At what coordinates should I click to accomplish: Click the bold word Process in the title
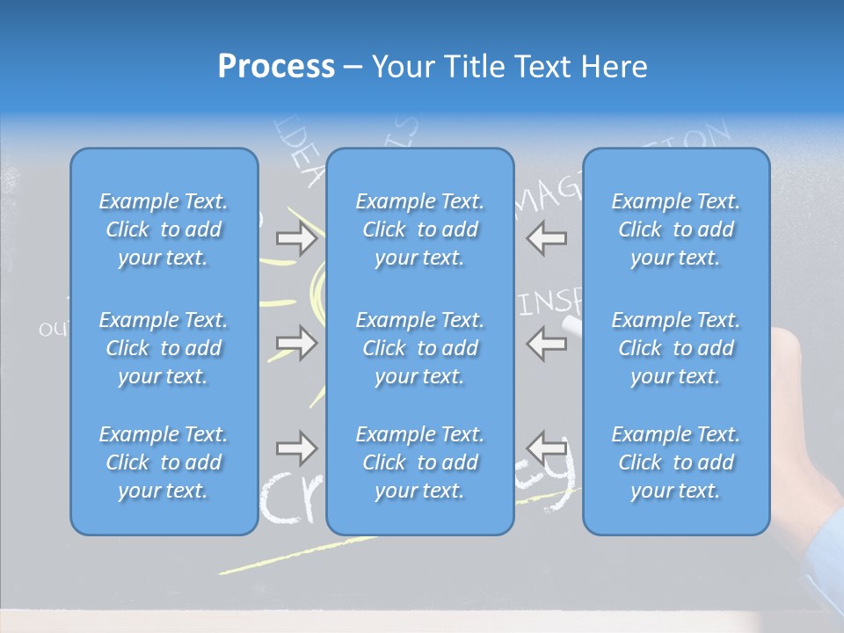click(276, 67)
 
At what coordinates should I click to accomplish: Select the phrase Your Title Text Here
click(509, 67)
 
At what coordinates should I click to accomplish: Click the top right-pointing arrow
click(296, 238)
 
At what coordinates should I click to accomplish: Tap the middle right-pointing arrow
click(296, 342)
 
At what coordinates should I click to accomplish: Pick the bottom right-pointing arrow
click(296, 448)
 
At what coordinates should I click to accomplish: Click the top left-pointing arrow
click(547, 238)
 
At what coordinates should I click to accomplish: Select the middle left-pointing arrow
click(547, 342)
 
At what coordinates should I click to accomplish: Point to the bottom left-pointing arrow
click(547, 448)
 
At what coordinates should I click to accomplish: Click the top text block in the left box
click(164, 229)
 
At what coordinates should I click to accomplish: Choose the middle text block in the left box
click(164, 348)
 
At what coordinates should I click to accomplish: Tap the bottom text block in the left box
click(164, 462)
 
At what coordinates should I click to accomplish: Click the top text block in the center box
click(420, 229)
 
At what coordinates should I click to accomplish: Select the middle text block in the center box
click(420, 348)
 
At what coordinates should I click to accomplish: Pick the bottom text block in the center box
click(420, 462)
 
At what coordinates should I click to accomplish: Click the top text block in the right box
click(676, 229)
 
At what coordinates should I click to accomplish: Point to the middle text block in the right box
click(676, 348)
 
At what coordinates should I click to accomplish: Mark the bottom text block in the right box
click(676, 462)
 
